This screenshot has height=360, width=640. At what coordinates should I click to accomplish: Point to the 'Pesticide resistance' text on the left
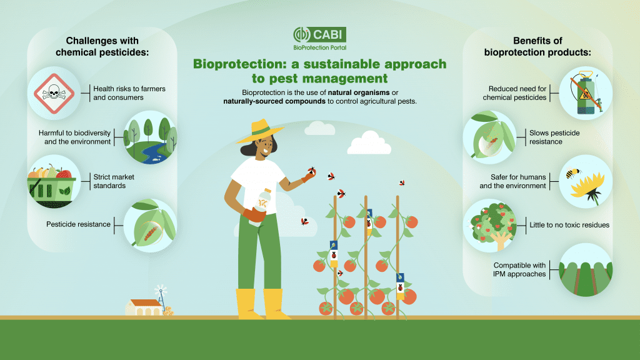click(78, 224)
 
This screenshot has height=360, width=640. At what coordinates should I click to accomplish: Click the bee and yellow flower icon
click(585, 181)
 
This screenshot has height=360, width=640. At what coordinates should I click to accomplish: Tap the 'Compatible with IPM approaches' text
click(521, 269)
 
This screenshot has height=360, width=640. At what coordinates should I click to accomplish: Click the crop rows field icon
click(585, 269)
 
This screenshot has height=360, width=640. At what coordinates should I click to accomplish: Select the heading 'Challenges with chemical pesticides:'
click(102, 47)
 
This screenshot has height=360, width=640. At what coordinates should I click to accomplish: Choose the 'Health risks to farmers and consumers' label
click(129, 93)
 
